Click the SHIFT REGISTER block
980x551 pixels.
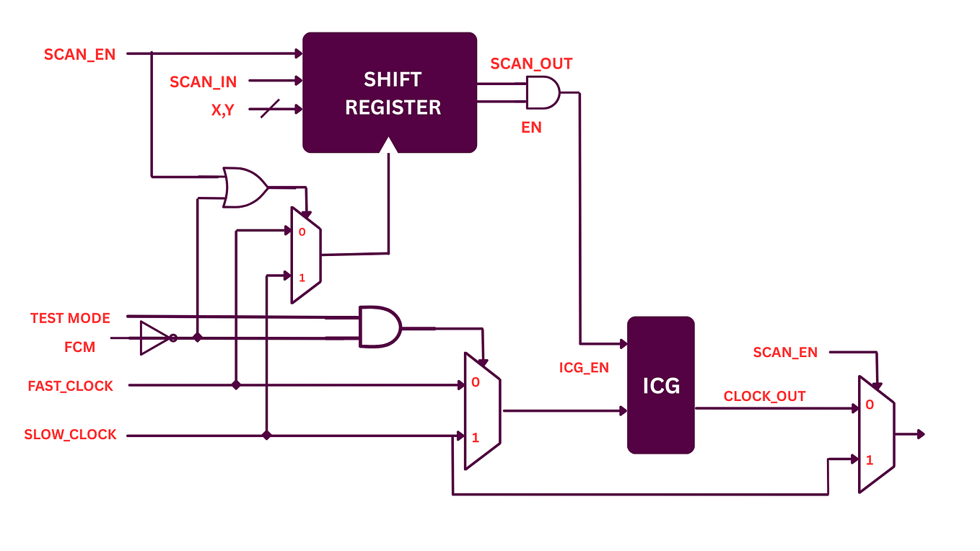[390, 92]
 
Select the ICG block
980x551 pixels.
[660, 385]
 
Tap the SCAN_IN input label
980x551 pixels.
[203, 82]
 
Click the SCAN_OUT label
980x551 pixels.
[531, 63]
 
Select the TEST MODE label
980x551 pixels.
[70, 318]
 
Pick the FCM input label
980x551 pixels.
[79, 347]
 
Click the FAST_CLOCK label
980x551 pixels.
[71, 386]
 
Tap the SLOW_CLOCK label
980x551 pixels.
[70, 435]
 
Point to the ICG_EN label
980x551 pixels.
[584, 368]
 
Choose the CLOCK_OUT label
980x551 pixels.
[764, 396]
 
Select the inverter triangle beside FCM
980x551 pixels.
[154, 338]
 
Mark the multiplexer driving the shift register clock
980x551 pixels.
[305, 255]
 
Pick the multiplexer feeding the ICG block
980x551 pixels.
[481, 411]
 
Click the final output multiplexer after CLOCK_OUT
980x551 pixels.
[875, 434]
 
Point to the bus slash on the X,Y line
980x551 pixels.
[269, 110]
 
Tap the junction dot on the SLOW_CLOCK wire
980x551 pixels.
[266, 436]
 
